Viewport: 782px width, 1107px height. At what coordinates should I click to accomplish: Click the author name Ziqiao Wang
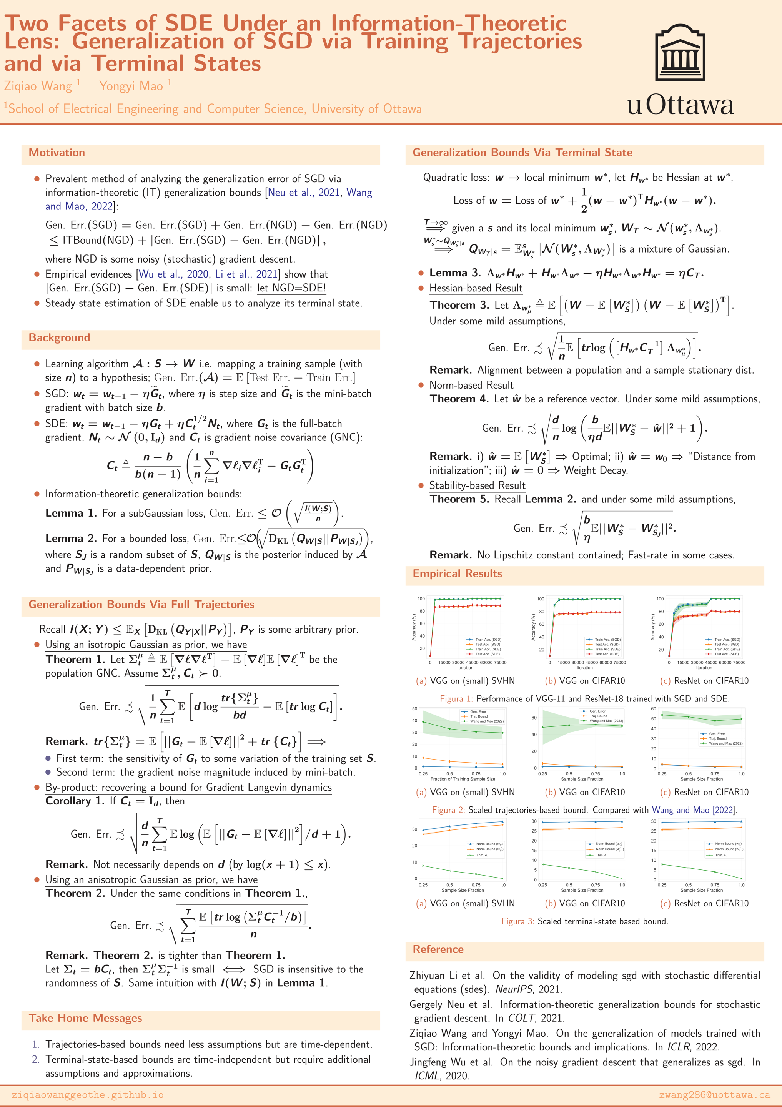(x=38, y=86)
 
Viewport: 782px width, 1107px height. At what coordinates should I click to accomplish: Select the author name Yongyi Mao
(x=131, y=86)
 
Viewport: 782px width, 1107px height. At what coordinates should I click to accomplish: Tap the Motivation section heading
(x=57, y=153)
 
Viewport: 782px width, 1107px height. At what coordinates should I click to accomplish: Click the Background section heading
(x=59, y=337)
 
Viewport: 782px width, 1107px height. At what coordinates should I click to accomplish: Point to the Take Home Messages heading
(x=85, y=1018)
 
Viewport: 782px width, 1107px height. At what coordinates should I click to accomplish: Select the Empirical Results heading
(x=457, y=573)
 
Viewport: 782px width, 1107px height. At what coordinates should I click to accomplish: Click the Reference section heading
(x=438, y=949)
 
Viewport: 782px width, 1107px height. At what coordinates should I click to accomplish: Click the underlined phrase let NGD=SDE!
(x=292, y=288)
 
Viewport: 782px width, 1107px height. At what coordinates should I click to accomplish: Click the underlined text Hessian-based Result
(x=476, y=288)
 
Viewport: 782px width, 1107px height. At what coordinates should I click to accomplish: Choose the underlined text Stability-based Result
(x=477, y=485)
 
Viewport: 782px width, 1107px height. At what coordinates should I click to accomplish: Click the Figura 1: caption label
(x=456, y=699)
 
